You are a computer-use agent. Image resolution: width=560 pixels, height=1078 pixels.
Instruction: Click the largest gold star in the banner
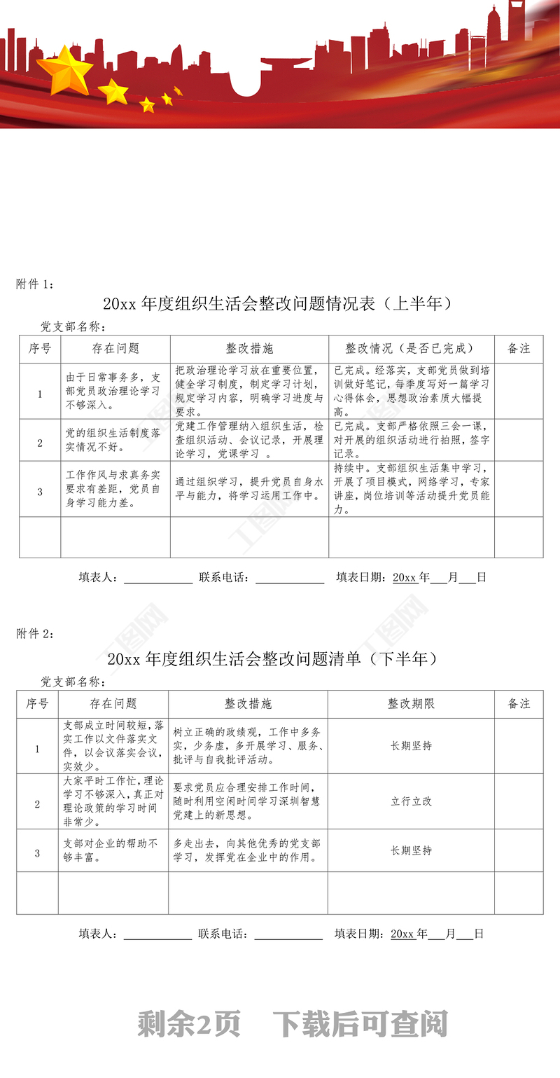(64, 69)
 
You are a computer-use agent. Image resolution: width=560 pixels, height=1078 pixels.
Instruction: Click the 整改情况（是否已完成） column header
(411, 348)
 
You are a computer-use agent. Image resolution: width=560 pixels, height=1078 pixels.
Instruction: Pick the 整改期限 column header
(411, 703)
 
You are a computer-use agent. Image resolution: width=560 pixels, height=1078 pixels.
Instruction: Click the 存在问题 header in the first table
(115, 348)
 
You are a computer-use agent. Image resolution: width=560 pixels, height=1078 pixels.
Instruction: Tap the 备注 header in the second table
(519, 703)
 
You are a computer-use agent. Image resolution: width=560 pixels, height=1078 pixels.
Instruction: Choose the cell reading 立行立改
(411, 801)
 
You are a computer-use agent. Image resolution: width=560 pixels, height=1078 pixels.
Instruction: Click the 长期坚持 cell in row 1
(411, 745)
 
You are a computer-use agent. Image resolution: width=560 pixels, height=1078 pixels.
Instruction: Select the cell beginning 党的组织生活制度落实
(113, 440)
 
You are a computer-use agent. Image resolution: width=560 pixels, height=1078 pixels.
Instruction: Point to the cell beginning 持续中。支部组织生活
(412, 489)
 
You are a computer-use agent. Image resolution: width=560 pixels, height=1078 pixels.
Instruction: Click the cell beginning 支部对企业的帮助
(112, 850)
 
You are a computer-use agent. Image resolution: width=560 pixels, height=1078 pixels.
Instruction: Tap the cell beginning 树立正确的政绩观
(247, 745)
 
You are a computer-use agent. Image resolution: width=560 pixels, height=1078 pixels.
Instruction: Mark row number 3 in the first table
(40, 491)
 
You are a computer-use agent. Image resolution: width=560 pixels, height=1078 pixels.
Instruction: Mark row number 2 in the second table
(38, 804)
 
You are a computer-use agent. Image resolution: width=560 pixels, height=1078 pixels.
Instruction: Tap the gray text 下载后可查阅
(360, 1024)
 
